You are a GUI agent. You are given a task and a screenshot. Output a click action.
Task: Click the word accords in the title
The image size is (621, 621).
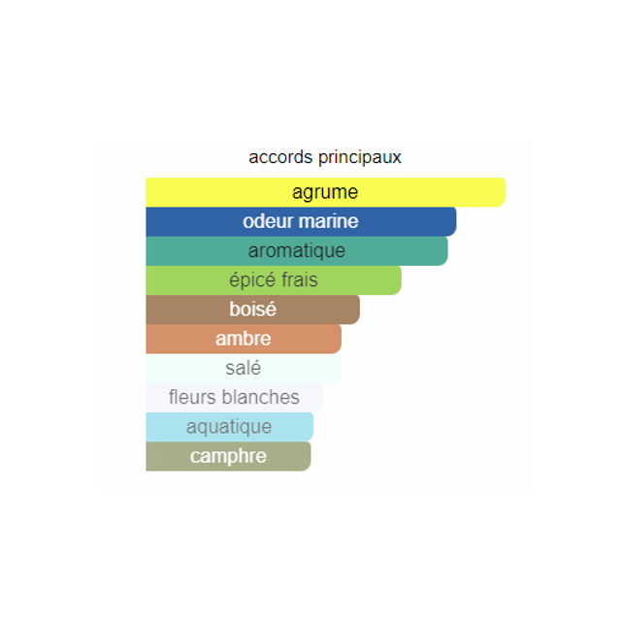pos(280,157)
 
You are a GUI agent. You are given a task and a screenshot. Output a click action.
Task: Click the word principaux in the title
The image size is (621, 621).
pos(360,158)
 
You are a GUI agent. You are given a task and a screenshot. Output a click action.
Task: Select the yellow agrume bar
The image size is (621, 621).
pos(326,192)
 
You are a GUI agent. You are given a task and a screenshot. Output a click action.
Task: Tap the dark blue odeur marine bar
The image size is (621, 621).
pos(301,221)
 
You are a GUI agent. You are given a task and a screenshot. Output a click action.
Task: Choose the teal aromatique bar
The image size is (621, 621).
pos(297,250)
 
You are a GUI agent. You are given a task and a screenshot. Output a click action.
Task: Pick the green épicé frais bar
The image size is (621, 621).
pos(274,280)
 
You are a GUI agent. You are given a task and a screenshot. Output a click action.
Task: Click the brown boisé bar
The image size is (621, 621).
pos(252,310)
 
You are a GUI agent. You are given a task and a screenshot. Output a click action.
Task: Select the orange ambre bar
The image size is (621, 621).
pos(244,339)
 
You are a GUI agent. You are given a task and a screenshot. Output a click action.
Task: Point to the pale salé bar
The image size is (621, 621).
pos(244,368)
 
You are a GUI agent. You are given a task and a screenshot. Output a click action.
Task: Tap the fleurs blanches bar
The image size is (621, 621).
pos(235,397)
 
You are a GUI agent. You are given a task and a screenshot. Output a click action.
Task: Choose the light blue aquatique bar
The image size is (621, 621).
pos(230,427)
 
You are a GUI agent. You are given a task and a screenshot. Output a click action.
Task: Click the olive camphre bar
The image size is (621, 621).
pos(229,456)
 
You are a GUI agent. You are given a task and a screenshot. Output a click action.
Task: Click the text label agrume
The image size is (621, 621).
pos(325,193)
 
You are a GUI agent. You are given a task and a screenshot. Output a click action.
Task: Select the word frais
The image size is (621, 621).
pos(300,279)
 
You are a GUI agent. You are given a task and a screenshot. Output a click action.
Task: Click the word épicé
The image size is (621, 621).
pos(252,280)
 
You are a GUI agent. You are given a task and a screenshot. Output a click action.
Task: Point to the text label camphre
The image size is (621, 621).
pos(228,457)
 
